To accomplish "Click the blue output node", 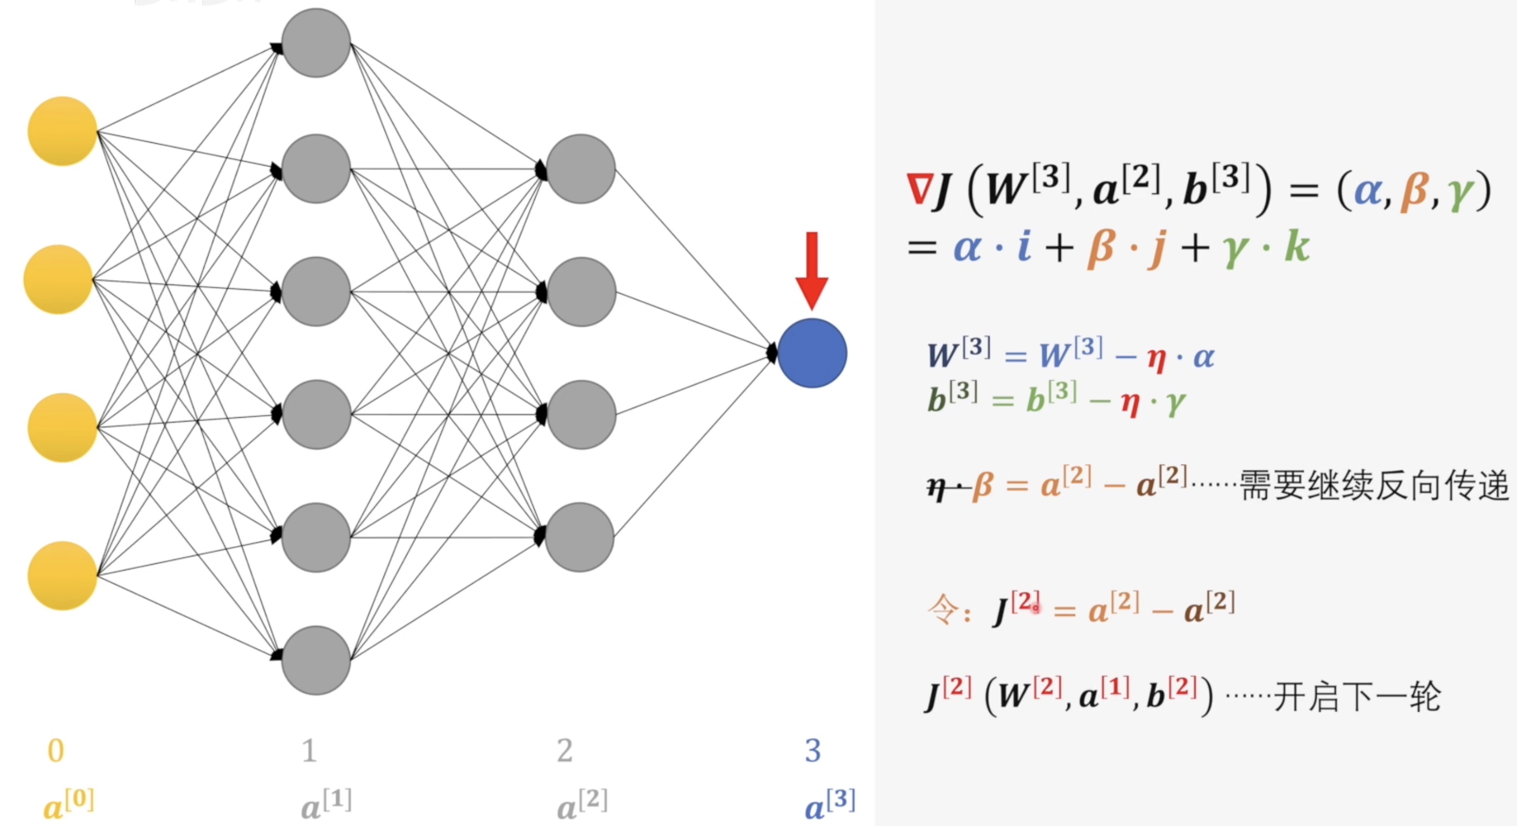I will point(812,353).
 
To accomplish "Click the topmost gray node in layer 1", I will point(316,43).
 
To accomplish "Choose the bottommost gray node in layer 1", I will point(316,660).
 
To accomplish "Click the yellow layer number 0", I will point(56,751).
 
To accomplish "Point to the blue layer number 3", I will point(813,751).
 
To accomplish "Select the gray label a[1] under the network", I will point(326,804).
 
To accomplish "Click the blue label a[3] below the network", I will point(830,804).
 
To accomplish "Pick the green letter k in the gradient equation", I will point(1297,246).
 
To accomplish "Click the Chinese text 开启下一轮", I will point(1357,697).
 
